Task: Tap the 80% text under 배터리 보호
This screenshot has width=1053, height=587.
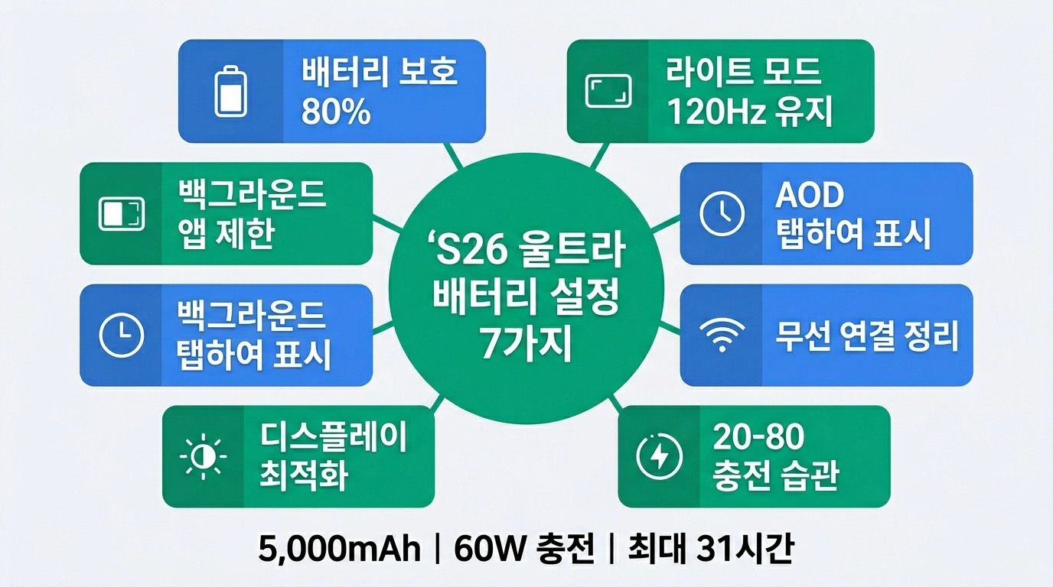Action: point(336,112)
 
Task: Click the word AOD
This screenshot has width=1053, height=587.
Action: point(809,196)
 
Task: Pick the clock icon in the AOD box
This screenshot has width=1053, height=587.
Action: point(722,213)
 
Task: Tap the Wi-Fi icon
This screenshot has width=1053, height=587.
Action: point(722,336)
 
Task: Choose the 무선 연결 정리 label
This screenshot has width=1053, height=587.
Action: point(867,336)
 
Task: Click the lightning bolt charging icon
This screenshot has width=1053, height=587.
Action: point(659,456)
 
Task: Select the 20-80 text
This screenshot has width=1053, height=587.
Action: point(758,437)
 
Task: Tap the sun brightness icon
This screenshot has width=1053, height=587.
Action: point(203,456)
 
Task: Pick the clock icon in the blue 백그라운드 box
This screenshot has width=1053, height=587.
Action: point(122,336)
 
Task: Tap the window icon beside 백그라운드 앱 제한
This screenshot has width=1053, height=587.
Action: point(122,213)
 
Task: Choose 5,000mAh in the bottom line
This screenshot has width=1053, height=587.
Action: point(340,550)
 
